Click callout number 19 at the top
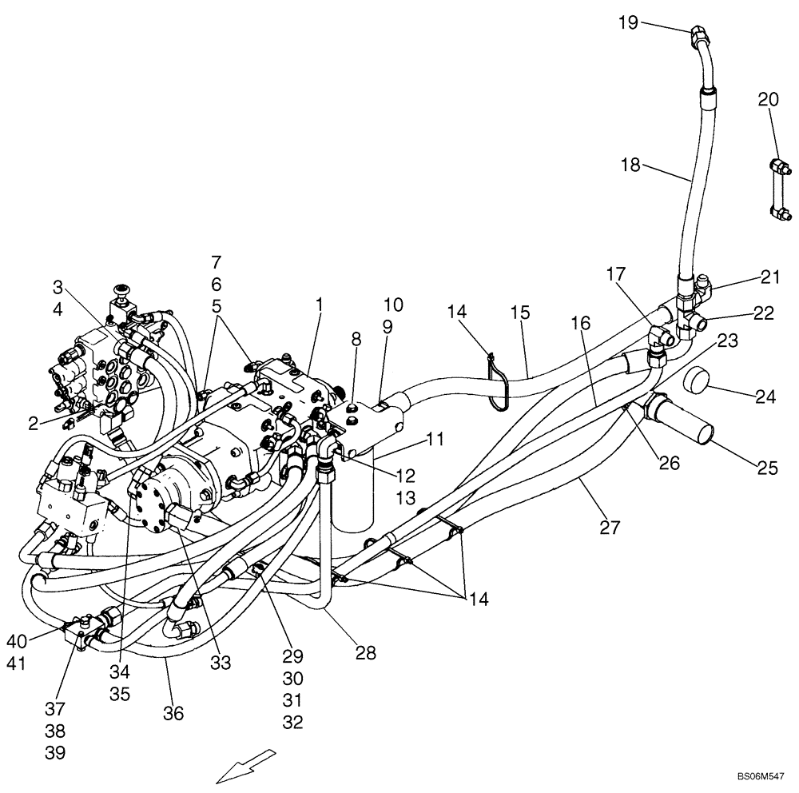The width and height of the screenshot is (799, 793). pyautogui.click(x=627, y=22)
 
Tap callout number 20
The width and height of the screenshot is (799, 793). pyautogui.click(x=767, y=99)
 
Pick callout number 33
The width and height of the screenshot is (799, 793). pyautogui.click(x=220, y=662)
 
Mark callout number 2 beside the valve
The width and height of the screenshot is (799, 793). pyautogui.click(x=33, y=424)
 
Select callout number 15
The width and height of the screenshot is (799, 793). pyautogui.click(x=520, y=313)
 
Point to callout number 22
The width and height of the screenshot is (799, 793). pyautogui.click(x=763, y=313)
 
